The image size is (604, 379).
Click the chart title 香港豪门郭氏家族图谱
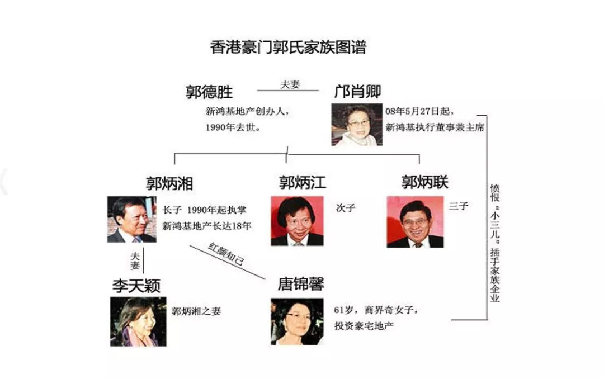pos(288,47)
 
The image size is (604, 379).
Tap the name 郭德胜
pos(209,92)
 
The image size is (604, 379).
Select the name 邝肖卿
pos(357,91)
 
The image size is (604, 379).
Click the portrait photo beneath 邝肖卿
pos(357,125)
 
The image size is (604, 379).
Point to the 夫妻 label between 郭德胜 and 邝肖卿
pos(290,84)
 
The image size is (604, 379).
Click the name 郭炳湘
pos(169,183)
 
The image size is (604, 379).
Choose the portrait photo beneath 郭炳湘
pos(132,219)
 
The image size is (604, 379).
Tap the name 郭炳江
pos(303,182)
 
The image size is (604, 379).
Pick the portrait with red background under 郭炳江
pos(297,221)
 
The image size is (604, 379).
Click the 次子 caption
pos(346,208)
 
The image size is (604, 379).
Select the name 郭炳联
pos(425,182)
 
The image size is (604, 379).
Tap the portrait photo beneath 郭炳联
pos(415,222)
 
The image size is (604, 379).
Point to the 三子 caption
pos(459,206)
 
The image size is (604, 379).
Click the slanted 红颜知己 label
pos(226,254)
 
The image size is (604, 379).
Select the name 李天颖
pos(136,286)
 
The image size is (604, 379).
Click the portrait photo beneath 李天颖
pos(138,321)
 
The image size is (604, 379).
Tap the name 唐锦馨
pos(301,284)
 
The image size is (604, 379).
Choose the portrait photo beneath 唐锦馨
pos(297,321)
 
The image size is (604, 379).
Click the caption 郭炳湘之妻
pos(196,311)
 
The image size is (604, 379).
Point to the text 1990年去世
pos(233,127)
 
